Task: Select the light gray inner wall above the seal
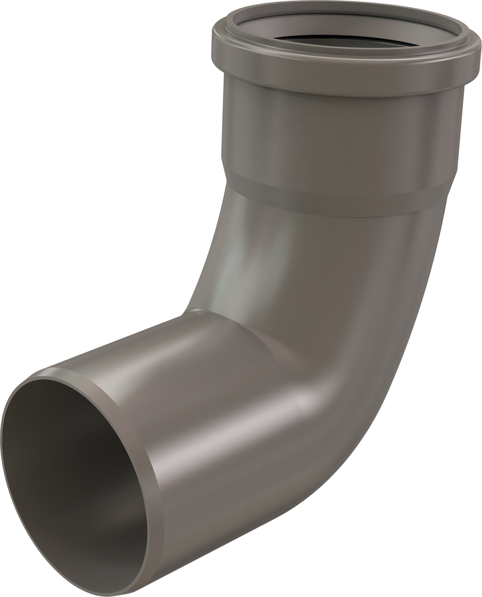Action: [327, 26]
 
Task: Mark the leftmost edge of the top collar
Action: [212, 41]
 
